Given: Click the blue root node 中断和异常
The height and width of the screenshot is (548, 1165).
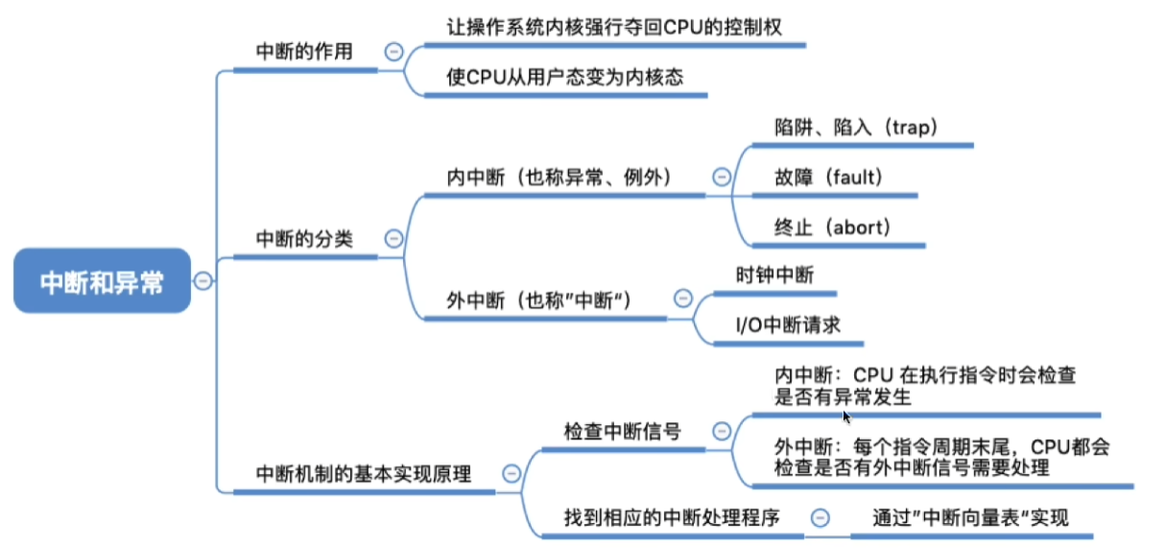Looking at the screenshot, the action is click(102, 281).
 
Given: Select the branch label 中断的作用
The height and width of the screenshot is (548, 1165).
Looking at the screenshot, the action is click(304, 52).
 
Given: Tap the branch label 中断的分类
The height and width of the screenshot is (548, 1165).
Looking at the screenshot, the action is click(304, 239).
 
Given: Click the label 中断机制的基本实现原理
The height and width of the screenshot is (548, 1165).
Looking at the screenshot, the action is click(364, 474).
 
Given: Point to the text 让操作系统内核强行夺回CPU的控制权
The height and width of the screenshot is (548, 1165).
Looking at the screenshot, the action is click(614, 27).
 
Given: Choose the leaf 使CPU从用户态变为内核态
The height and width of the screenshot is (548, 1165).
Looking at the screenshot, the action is click(565, 77).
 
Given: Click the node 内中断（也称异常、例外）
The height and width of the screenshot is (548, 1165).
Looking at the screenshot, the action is click(559, 178).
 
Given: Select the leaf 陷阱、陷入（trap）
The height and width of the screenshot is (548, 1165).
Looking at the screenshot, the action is click(857, 128).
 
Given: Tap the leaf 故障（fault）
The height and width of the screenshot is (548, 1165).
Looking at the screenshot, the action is click(829, 178).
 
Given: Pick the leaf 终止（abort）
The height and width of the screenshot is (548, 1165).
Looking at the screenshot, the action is click(833, 227).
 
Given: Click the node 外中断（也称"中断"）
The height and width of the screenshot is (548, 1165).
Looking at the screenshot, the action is click(539, 300).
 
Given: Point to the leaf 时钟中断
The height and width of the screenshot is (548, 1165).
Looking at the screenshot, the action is click(775, 275).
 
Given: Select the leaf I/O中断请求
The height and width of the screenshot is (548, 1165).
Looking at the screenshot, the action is click(788, 325).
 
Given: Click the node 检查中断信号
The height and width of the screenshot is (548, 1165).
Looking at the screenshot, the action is click(623, 431).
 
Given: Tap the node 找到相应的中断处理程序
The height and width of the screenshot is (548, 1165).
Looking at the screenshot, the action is click(672, 517).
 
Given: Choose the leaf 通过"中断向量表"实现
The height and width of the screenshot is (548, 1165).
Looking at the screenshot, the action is click(970, 517).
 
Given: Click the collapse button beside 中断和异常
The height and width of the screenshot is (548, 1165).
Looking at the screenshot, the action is click(202, 281).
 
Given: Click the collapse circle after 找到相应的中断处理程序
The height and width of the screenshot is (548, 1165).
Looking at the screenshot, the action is click(820, 518).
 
